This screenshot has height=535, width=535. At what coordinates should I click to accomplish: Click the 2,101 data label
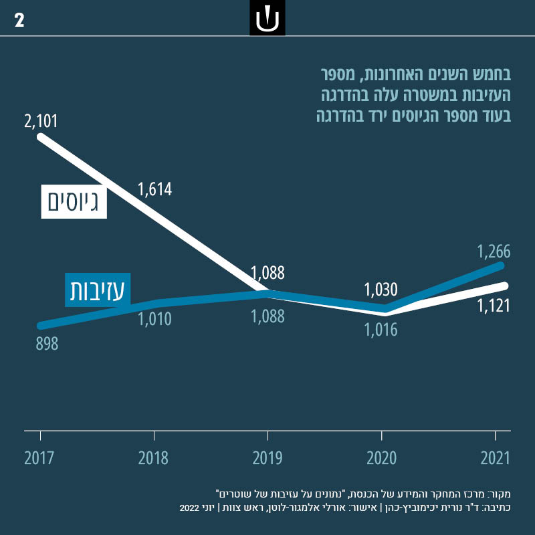pyautogui.click(x=41, y=122)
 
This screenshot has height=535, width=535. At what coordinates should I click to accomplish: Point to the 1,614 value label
pyautogui.click(x=155, y=189)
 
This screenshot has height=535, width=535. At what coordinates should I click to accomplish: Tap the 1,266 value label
pyautogui.click(x=494, y=252)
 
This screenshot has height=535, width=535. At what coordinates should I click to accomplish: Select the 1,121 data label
pyautogui.click(x=494, y=306)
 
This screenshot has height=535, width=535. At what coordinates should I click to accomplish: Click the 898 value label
pyautogui.click(x=47, y=344)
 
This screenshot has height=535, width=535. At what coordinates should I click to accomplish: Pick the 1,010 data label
pyautogui.click(x=155, y=319)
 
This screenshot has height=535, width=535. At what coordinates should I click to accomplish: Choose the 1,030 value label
pyautogui.click(x=381, y=290)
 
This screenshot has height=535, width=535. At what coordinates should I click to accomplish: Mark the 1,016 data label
pyautogui.click(x=381, y=330)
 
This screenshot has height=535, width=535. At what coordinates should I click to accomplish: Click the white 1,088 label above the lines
pyautogui.click(x=268, y=273)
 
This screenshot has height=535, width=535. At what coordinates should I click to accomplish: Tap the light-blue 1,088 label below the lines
pyautogui.click(x=268, y=316)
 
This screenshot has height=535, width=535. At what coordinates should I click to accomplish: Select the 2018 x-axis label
pyautogui.click(x=154, y=458)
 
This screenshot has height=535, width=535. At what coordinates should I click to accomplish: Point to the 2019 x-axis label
pyautogui.click(x=267, y=458)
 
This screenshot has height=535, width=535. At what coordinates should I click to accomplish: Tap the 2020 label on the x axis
pyautogui.click(x=381, y=458)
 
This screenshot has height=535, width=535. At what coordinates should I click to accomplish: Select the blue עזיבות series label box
pyautogui.click(x=98, y=290)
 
